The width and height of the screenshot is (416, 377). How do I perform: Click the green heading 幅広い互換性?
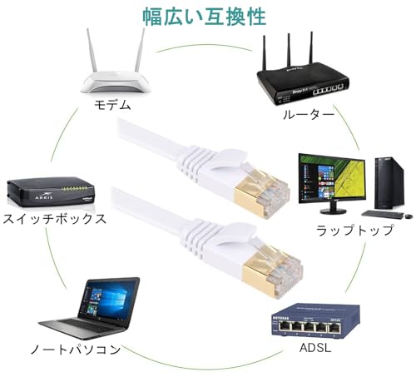click(209, 16)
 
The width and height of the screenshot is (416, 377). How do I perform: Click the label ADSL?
click(316, 343)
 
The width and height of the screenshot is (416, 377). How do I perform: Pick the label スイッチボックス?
click(55, 220)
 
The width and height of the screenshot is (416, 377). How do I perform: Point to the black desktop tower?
click(386, 184)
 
